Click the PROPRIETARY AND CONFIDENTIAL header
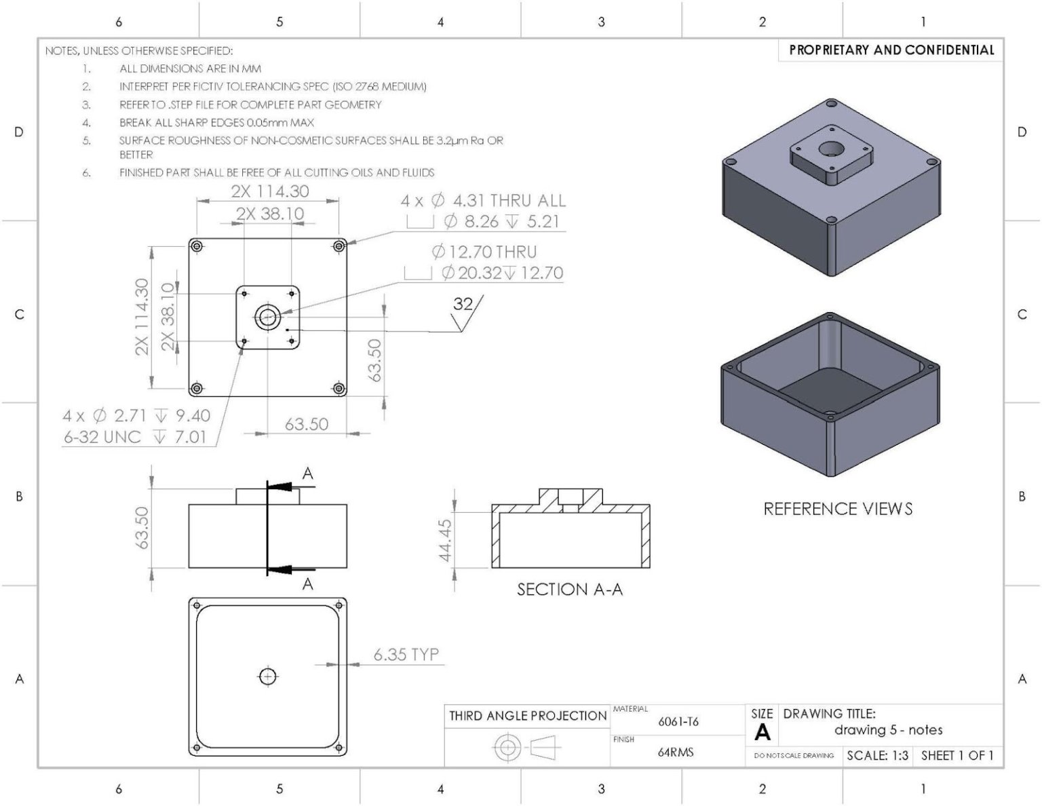tap(891, 50)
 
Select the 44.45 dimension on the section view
tap(445, 541)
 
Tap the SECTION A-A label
tap(569, 590)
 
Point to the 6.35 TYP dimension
tap(406, 655)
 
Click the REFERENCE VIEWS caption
tap(838, 509)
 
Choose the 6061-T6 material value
tap(678, 722)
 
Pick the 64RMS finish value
tap(676, 752)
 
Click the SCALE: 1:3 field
tap(877, 756)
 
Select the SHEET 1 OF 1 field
tap(957, 756)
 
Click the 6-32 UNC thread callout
tap(134, 437)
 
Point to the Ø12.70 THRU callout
tap(484, 252)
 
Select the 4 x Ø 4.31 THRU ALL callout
tap(482, 201)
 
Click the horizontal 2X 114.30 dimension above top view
tap(269, 191)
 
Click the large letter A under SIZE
tap(762, 733)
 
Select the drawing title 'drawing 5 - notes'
tap(888, 730)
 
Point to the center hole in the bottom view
tap(268, 676)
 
